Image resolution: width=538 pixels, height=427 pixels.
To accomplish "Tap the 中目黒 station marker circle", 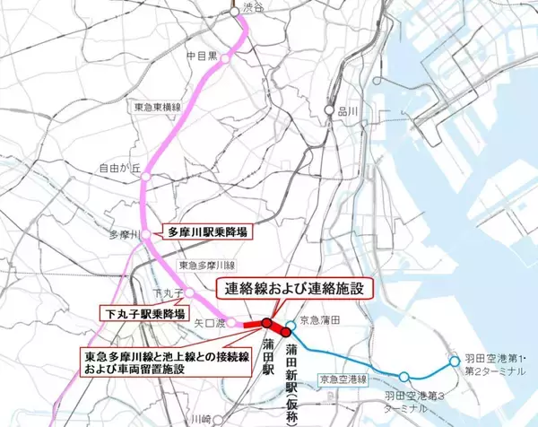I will click(230, 57).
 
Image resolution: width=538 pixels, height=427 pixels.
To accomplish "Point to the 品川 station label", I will click(347, 112).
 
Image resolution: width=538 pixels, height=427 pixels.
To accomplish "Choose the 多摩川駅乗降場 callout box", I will click(206, 231).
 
